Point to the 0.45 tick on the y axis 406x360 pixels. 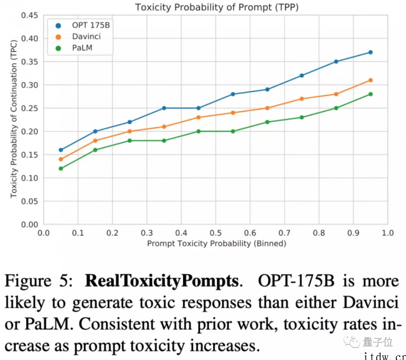pos(29,15)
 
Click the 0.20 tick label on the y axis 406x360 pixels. pos(29,131)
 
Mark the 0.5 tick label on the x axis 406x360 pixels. pos(216,233)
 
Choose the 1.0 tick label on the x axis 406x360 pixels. pos(388,233)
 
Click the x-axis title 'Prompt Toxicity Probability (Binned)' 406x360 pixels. pos(216,244)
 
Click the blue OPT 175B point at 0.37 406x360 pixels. pos(370,52)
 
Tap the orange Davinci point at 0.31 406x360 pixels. pos(370,80)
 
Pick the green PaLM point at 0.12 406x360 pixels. pos(61,168)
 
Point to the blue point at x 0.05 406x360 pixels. pos(61,150)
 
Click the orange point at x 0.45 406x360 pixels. pos(199,117)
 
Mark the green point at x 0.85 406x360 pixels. pos(336,108)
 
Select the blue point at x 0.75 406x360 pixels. pos(302,75)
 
